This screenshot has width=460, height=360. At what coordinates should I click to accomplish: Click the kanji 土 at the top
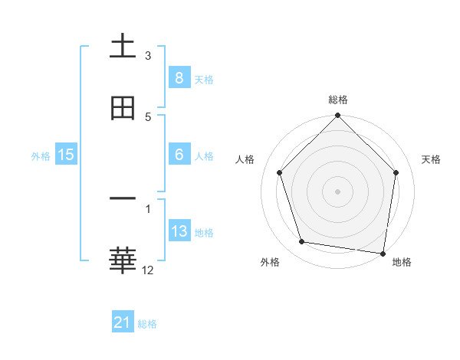tap(123, 46)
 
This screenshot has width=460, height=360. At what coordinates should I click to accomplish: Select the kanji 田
tap(123, 108)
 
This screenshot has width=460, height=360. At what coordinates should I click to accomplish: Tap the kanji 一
tap(123, 198)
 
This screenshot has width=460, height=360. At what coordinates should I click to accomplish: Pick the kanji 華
tap(123, 260)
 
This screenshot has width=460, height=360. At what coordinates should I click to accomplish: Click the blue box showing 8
tap(179, 77)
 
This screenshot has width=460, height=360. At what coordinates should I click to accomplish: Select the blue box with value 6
tap(179, 155)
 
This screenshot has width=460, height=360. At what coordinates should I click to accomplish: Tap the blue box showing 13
tap(179, 231)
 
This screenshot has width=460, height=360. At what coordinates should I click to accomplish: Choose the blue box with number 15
tap(66, 155)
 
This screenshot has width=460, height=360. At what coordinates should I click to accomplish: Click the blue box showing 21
tap(123, 322)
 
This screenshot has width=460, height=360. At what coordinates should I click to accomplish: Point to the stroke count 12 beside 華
tap(149, 270)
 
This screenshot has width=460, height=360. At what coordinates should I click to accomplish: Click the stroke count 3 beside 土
tap(148, 56)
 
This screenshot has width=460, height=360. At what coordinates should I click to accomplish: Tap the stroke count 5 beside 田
tap(148, 117)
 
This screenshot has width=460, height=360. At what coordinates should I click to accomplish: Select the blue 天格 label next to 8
tap(204, 79)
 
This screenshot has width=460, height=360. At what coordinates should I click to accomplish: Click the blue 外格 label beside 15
tap(41, 155)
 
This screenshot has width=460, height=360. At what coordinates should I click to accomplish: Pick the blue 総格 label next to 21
tap(147, 324)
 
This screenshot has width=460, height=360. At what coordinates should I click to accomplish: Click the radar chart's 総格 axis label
tap(338, 100)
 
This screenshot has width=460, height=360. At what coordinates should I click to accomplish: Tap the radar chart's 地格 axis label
tap(402, 262)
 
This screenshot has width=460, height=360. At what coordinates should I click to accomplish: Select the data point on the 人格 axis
tap(280, 172)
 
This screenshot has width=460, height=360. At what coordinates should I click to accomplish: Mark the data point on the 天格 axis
tap(396, 172)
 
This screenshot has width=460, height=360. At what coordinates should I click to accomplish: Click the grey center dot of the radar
tap(337, 191)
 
